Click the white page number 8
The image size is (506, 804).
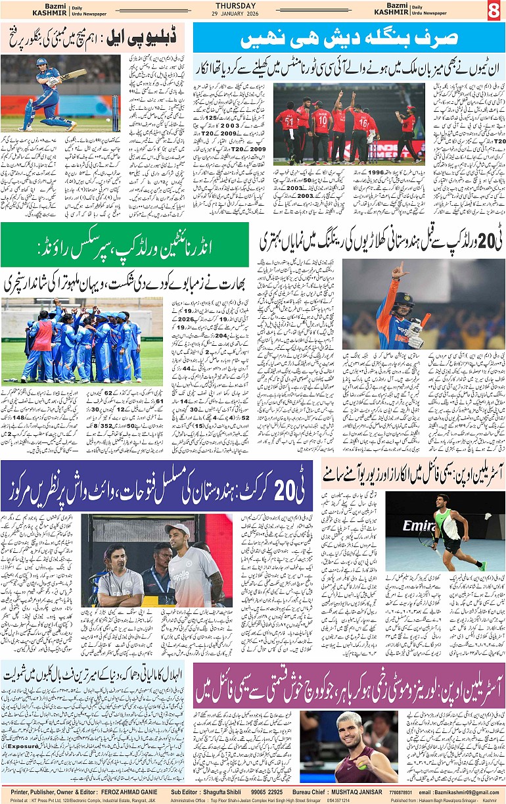[x=494, y=11]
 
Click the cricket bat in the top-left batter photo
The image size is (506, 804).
[x=72, y=74]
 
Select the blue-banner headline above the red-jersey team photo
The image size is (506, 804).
[x=349, y=39]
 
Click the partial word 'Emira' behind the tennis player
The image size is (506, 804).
[x=420, y=526]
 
